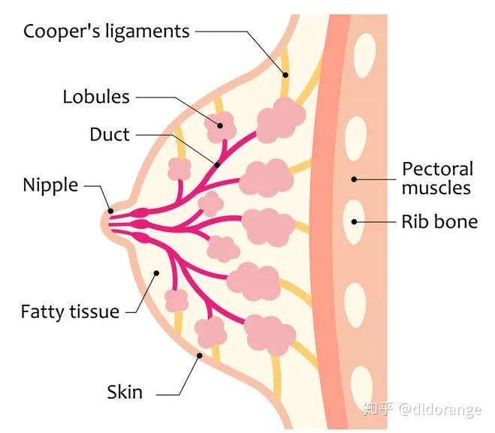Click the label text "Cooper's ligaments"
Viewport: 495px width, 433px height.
point(107,32)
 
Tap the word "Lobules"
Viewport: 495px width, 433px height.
point(96,97)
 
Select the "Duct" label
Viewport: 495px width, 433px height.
point(110,134)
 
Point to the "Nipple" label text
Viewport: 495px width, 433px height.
point(50,186)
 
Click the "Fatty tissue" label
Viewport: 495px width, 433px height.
point(70,312)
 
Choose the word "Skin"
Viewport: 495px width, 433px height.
point(125,392)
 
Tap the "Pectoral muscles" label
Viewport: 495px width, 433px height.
point(438,179)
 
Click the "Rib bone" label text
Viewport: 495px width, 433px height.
point(439,221)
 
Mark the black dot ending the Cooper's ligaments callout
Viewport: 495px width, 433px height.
point(285,75)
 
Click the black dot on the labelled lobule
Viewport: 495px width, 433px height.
point(220,125)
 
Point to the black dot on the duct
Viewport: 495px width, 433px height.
point(217,164)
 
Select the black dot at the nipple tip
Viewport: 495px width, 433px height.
point(110,211)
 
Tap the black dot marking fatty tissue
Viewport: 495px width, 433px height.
point(156,273)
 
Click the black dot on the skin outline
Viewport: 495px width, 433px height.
point(200,356)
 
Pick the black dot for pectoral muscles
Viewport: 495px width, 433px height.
point(355,179)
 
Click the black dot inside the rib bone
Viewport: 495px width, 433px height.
point(355,221)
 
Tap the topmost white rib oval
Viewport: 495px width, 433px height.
point(364,56)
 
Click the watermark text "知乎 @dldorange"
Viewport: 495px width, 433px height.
point(422,409)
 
